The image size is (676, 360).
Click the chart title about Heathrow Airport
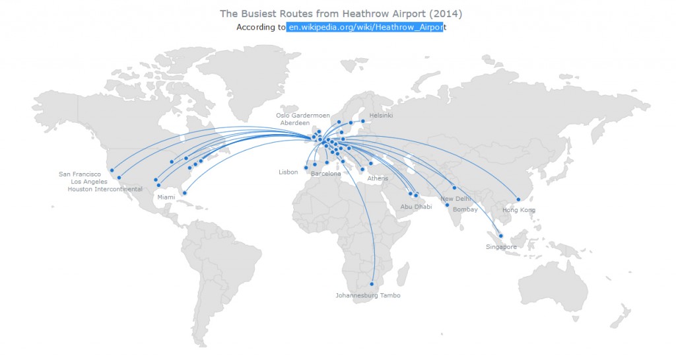341,13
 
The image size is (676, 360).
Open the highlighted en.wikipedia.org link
366,27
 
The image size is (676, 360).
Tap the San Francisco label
80,174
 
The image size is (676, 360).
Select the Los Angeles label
89,182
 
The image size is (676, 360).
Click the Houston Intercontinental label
105,190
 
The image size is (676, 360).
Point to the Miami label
166,198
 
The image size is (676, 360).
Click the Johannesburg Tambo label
368,295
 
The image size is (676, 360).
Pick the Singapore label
501,247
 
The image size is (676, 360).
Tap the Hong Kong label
519,210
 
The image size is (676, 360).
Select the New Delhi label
456,199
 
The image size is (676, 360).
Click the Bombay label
465,209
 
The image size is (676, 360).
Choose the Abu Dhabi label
416,207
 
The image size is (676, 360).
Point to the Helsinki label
381,116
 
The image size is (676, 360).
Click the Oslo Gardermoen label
303,116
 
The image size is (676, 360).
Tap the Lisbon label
288,172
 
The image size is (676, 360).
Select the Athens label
378,178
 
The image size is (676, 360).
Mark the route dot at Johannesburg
372,284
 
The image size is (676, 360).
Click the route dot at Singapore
501,236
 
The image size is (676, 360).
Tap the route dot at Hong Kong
518,199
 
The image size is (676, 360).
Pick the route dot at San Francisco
112,170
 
